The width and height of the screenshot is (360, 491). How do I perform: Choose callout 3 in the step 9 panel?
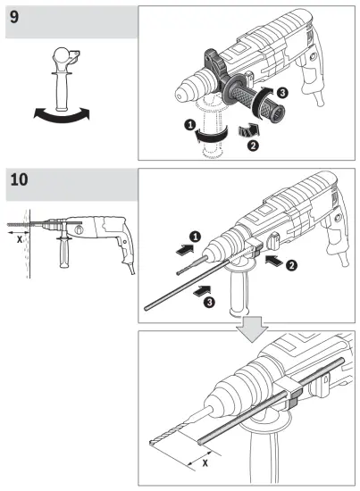pyautogui.click(x=281, y=93)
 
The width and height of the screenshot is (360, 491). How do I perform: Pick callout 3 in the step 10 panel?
pyautogui.click(x=207, y=302)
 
